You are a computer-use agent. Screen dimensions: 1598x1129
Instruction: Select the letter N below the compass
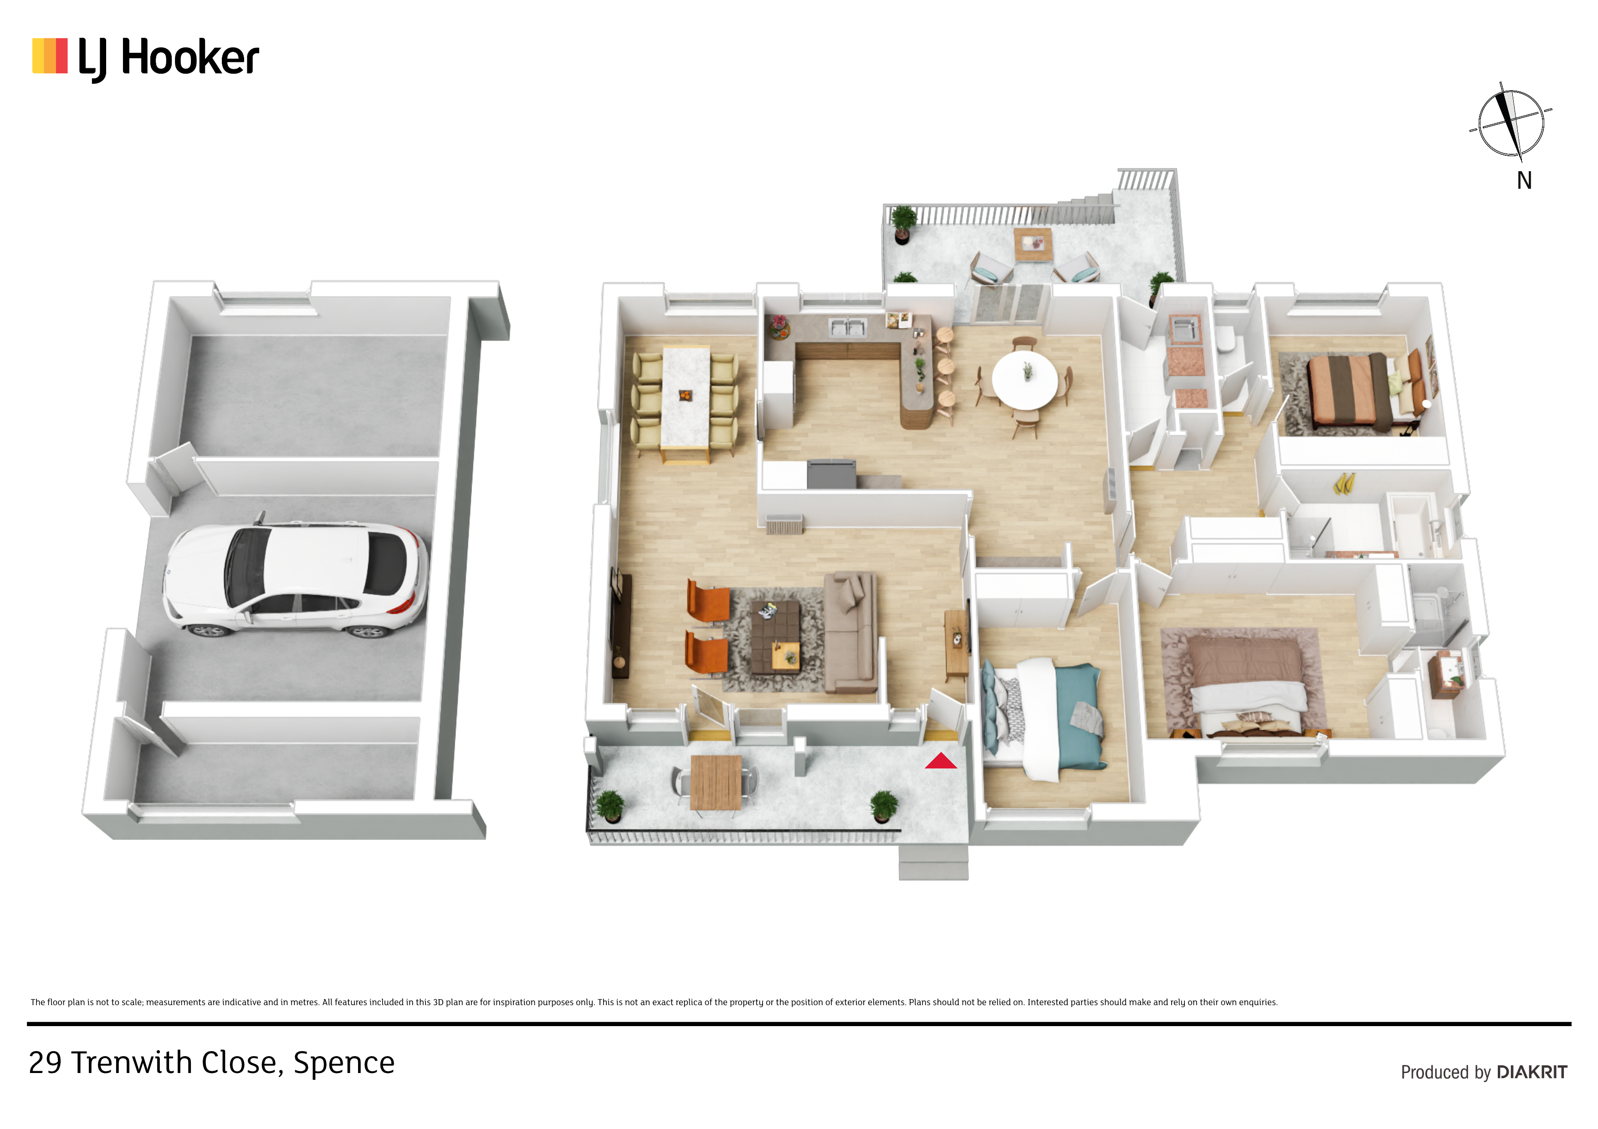click(1524, 181)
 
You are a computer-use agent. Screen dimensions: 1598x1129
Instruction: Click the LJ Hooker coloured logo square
click(50, 56)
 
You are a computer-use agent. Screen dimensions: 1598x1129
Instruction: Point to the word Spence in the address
click(344, 1063)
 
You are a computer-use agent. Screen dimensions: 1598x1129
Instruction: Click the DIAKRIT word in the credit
click(1532, 1072)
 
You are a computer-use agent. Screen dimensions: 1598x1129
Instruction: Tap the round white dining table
click(1024, 381)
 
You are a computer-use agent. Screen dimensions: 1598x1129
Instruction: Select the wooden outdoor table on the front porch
click(716, 783)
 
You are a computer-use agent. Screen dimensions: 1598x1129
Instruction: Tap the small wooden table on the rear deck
click(1033, 245)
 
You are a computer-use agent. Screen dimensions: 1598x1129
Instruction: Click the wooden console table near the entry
click(956, 643)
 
